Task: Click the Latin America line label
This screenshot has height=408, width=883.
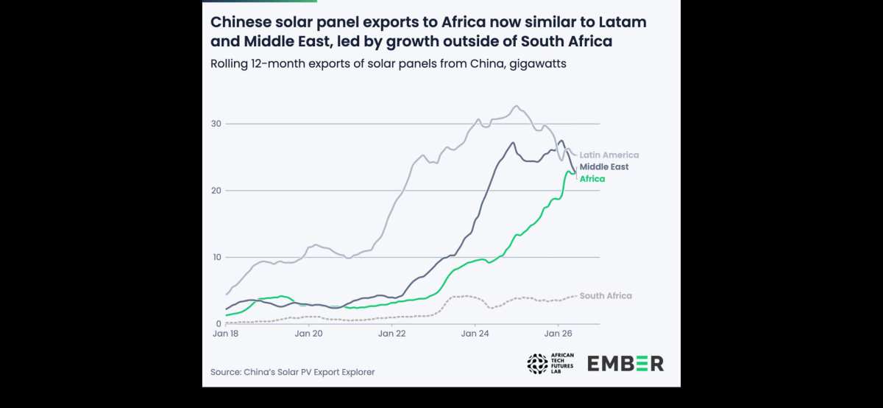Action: pos(609,155)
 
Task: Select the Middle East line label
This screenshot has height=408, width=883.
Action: pos(604,167)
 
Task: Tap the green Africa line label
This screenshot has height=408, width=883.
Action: pos(592,179)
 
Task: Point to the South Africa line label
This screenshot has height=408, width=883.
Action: pos(606,295)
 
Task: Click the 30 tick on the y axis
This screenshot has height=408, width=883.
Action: pos(216,124)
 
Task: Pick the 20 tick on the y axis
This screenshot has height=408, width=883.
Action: pos(216,190)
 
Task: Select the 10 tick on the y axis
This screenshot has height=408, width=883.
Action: pos(216,257)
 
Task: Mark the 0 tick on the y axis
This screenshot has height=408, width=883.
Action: pos(219,324)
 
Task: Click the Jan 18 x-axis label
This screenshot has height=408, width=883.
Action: pos(225,334)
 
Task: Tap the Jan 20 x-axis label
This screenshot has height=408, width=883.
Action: pos(308,334)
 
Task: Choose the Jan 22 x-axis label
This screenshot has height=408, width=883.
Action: pos(391,334)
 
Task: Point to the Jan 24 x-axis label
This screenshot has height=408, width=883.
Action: pos(475,334)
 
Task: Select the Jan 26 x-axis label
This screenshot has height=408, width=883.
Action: pos(558,334)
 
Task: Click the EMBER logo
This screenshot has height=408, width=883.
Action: pos(625,363)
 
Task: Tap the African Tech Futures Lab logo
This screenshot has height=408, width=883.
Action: pos(550,363)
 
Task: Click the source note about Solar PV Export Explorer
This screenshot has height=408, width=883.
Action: pos(293,372)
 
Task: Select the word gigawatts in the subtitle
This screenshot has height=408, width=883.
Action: pos(538,64)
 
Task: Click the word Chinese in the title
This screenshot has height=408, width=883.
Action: pos(241,22)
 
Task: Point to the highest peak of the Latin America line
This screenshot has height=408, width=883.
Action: pos(517,106)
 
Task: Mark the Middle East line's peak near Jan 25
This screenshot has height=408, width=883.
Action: pos(513,142)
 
